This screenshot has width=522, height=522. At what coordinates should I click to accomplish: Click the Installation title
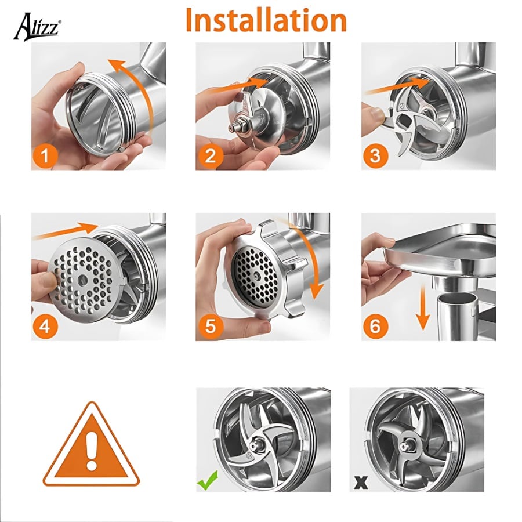(266, 20)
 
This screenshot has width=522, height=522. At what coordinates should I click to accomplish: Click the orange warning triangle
(91, 445)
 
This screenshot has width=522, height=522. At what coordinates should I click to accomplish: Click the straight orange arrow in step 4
(67, 231)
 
